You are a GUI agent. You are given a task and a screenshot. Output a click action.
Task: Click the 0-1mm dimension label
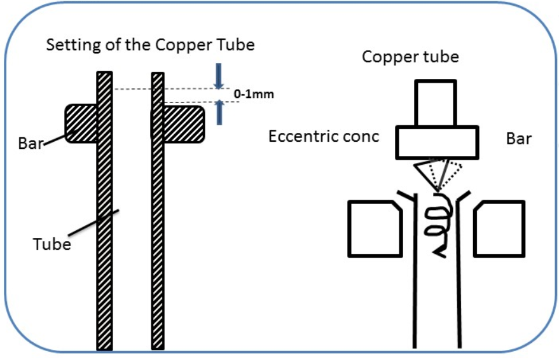252,94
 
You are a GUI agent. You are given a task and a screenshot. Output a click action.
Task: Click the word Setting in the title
69,46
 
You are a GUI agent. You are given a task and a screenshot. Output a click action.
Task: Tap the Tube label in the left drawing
52,243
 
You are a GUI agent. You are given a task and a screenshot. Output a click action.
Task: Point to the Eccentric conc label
324,137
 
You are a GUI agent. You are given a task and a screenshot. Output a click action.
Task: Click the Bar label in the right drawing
519,139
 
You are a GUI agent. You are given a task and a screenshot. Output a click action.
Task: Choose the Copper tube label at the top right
410,57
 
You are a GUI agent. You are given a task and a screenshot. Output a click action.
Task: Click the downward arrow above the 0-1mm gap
219,76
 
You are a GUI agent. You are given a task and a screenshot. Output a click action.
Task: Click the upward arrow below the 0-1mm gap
219,112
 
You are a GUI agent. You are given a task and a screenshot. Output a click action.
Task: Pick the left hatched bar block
81,123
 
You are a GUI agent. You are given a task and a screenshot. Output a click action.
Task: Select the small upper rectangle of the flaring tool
435,102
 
